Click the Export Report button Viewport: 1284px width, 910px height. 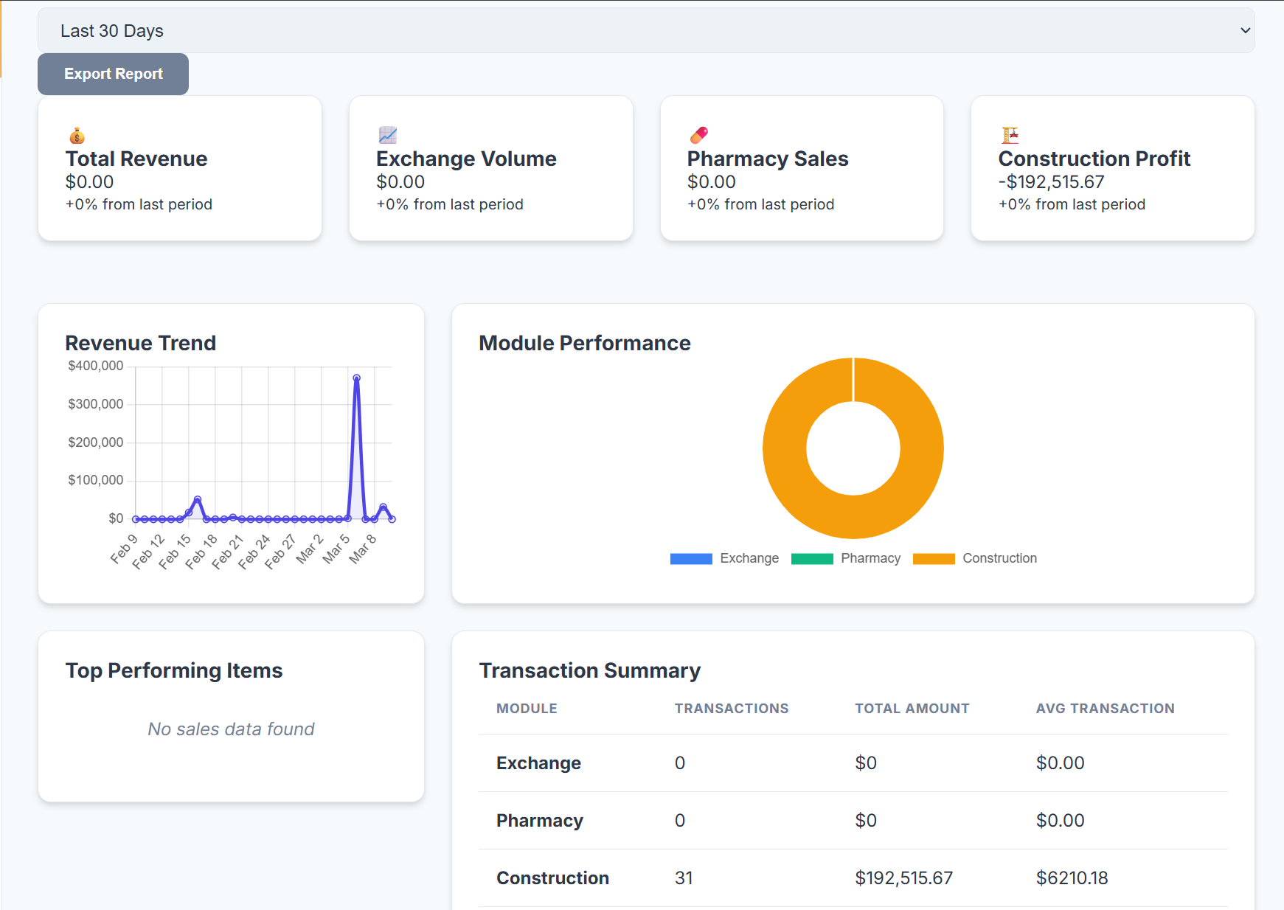(x=113, y=74)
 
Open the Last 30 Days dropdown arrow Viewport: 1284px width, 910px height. (x=1245, y=31)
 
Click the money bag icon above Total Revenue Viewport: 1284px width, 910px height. (x=77, y=136)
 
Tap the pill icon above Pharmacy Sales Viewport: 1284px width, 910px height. (x=698, y=135)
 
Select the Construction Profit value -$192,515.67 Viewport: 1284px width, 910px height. (x=1051, y=182)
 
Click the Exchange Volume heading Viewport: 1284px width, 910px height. (x=466, y=159)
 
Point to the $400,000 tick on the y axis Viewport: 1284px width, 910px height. (x=96, y=366)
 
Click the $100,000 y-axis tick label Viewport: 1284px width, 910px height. (x=96, y=480)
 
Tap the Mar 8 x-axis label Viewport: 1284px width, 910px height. (x=363, y=549)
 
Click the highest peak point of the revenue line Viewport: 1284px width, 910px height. (x=356, y=378)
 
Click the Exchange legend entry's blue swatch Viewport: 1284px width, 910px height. (x=690, y=558)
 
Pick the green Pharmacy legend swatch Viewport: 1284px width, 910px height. (x=811, y=558)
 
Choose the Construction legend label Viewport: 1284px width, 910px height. (x=999, y=558)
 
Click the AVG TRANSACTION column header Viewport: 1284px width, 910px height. (x=1105, y=709)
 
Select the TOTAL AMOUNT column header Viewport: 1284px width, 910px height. (x=912, y=709)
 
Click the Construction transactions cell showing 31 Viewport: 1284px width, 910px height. (x=684, y=878)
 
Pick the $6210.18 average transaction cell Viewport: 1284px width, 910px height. (x=1072, y=878)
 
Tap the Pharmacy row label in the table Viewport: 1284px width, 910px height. (x=539, y=821)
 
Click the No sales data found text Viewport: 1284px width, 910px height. (x=231, y=729)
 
